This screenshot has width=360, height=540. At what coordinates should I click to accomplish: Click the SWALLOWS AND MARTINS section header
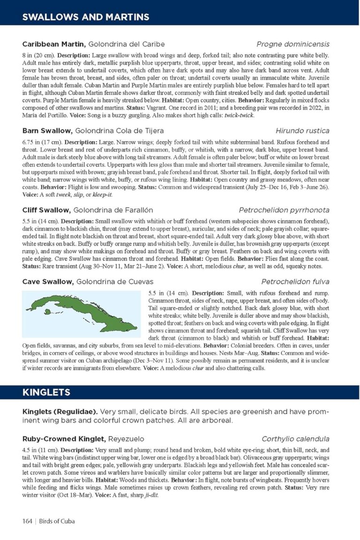pos(86,17)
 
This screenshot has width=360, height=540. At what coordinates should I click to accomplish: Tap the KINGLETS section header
pos(46,392)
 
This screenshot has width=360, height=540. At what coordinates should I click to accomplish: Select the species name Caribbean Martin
pos(53,45)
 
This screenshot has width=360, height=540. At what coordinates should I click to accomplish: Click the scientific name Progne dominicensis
pos(293,45)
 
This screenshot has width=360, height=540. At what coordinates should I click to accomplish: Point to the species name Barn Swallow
pos(47,131)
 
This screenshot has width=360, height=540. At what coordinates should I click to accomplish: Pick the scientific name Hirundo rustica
pos(302,131)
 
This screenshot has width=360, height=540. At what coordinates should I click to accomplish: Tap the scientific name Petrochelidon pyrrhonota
pos(284,210)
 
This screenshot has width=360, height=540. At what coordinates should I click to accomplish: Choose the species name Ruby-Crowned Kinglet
pos(64,439)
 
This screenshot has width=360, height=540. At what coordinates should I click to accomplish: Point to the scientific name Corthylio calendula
pos(295,439)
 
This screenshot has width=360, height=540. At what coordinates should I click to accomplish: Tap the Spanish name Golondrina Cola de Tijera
pos(120,131)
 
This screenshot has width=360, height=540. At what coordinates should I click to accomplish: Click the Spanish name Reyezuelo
pos(127,439)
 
